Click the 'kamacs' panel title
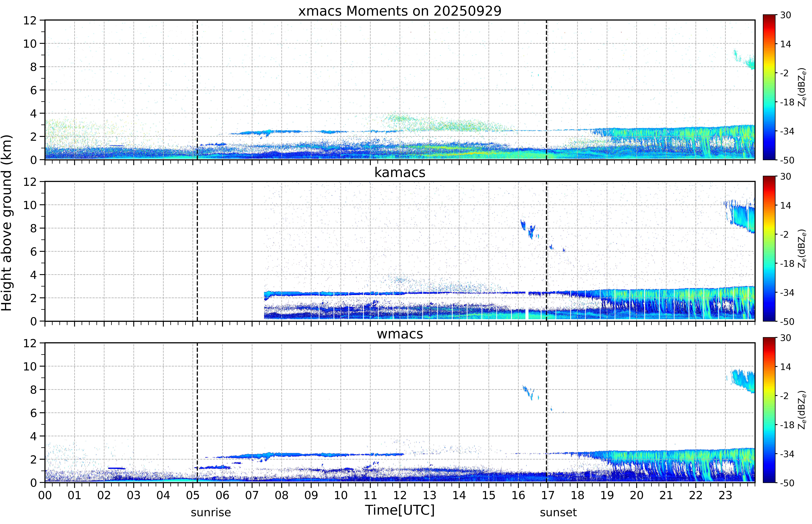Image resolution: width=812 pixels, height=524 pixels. tap(400, 172)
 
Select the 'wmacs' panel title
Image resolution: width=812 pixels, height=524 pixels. tap(400, 334)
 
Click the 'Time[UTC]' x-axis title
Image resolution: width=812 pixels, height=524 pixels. tap(400, 510)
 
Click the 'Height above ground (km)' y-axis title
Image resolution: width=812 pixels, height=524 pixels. tap(7, 223)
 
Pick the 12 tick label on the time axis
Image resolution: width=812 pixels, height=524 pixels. tap(400, 495)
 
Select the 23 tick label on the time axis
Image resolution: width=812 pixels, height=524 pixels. tap(725, 495)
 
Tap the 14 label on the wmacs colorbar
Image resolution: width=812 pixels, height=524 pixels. tap(785, 367)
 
